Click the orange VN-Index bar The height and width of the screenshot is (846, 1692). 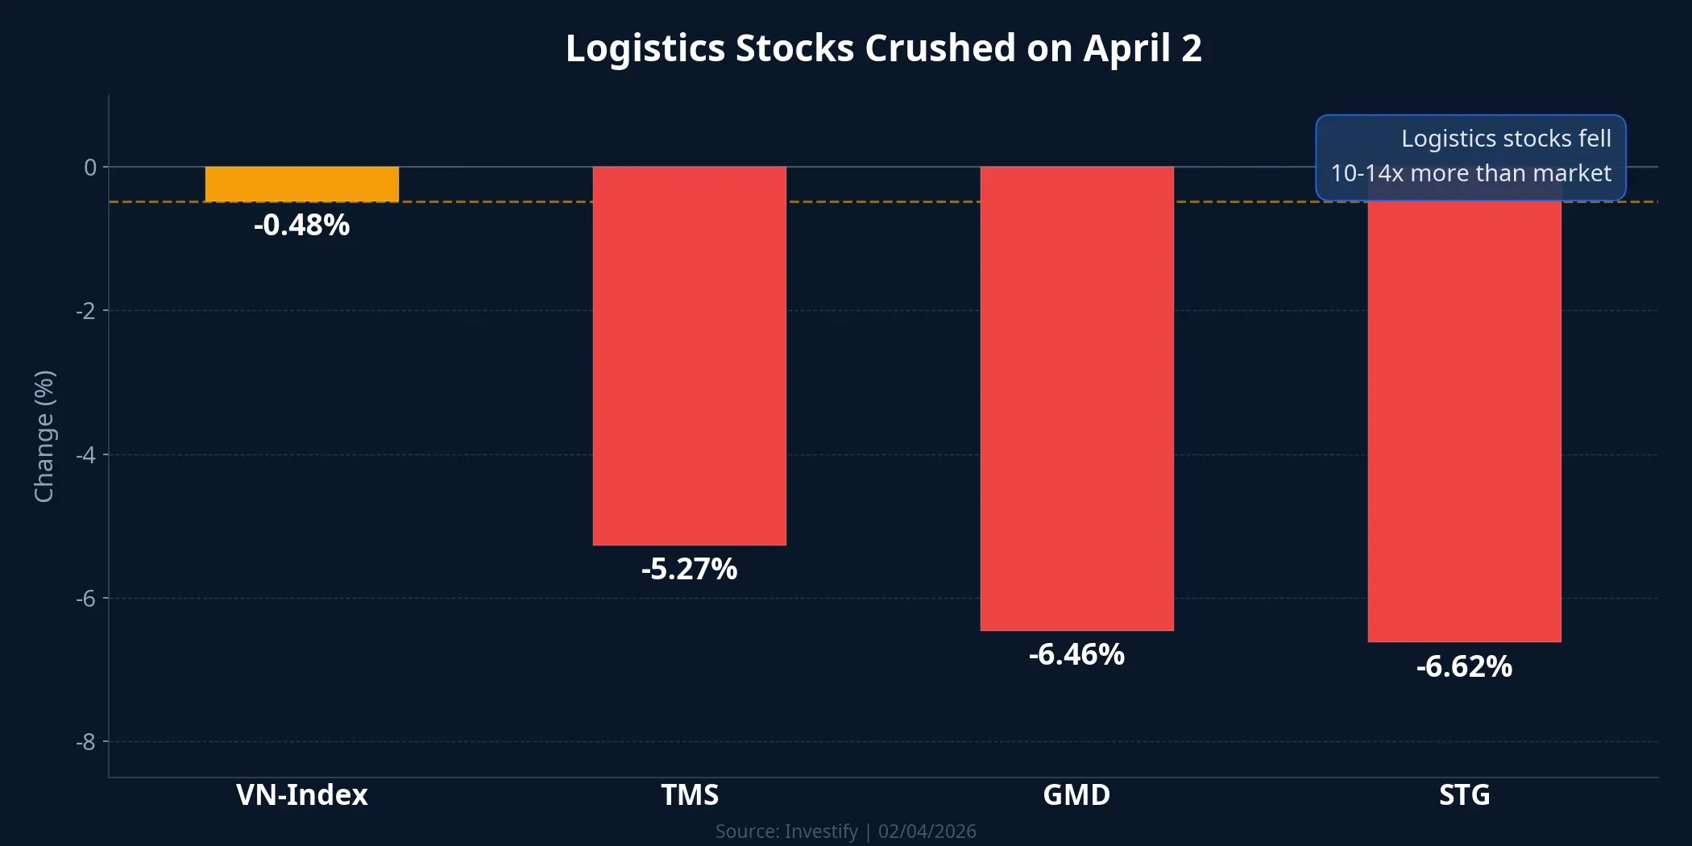pos(301,185)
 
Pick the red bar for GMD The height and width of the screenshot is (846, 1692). pos(1076,399)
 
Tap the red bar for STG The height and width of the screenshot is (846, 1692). pos(1464,419)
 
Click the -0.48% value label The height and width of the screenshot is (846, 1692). pos(301,226)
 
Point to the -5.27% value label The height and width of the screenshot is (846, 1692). pos(689,570)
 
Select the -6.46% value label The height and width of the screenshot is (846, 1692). pos(1076,655)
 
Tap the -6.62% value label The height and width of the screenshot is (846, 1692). pos(1464,667)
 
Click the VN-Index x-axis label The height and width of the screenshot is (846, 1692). pos(301,795)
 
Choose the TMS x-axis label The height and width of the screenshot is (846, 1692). pos(689,795)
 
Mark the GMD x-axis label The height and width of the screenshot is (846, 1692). pos(1076,795)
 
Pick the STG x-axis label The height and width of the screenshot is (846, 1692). pos(1464,795)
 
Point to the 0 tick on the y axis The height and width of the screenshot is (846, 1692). pos(90,168)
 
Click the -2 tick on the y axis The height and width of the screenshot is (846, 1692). pos(86,311)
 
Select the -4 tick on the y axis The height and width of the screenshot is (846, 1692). pos(86,455)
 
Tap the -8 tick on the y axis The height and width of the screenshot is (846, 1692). pos(86,742)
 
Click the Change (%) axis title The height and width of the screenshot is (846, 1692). pos(44,436)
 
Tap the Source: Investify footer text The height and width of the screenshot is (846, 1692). pos(786,831)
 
